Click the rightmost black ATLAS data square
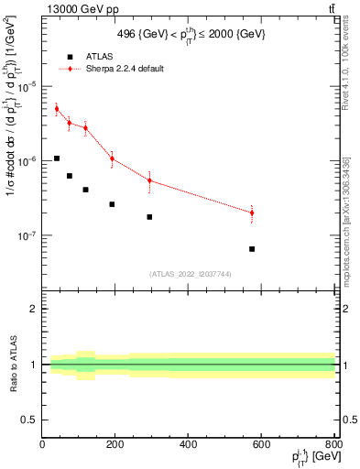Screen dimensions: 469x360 [x=252, y=249]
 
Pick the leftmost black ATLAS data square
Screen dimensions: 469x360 [x=57, y=158]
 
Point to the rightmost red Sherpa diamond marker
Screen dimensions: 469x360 [x=252, y=213]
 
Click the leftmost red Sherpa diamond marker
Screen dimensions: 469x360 [x=57, y=109]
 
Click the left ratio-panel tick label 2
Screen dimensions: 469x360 [x=34, y=309]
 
